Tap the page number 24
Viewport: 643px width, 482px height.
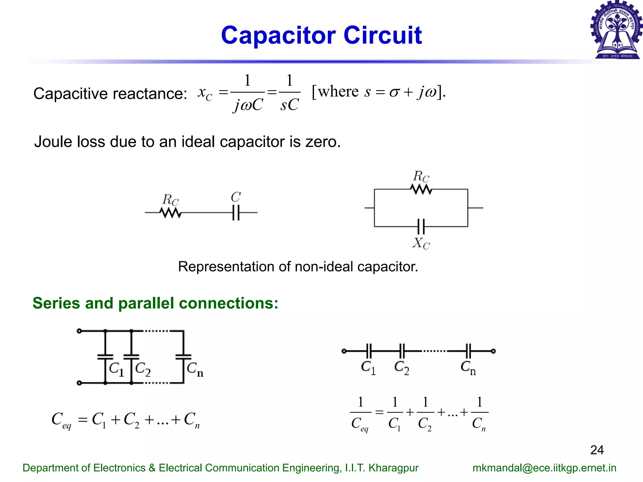point(597,450)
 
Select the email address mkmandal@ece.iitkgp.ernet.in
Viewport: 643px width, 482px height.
point(544,468)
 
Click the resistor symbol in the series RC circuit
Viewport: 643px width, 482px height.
point(170,213)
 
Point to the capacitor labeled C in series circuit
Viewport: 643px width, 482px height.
point(236,212)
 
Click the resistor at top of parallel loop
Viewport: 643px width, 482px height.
point(421,189)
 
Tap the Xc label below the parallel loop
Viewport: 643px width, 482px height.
point(421,243)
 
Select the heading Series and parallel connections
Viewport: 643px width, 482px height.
point(155,303)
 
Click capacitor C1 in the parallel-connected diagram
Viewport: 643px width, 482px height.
point(105,357)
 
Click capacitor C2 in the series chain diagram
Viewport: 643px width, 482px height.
point(402,351)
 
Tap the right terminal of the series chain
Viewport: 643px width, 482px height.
point(493,351)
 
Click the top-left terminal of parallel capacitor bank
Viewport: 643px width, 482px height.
point(79,331)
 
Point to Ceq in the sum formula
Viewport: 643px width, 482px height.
point(61,420)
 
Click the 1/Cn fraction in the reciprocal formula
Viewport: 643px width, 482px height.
point(479,413)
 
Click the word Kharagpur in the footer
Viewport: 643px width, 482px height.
point(393,468)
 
